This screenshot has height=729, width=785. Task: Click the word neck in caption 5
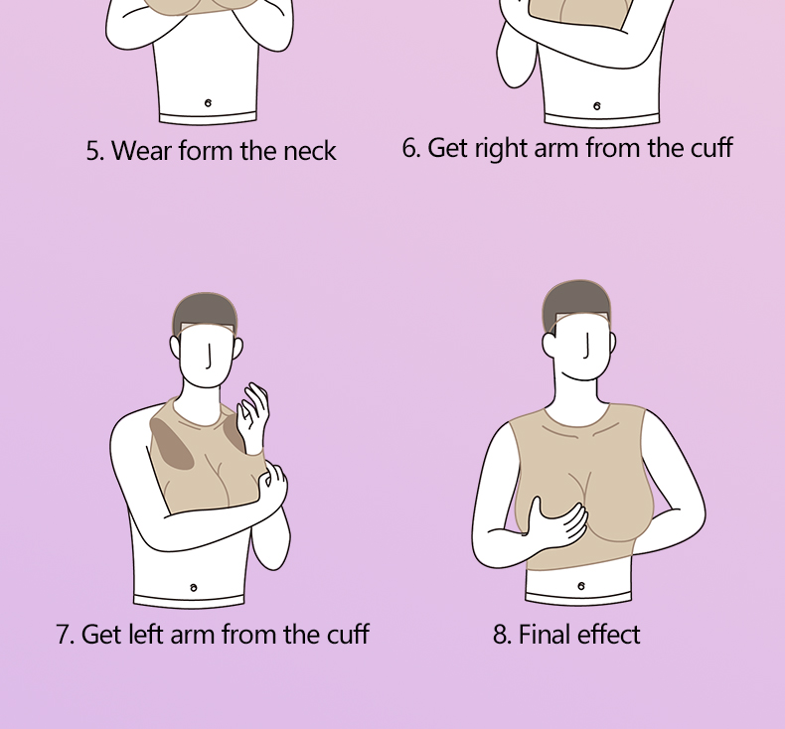[x=310, y=151]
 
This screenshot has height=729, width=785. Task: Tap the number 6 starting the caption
[x=411, y=148]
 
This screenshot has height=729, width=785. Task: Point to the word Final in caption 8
[x=545, y=634]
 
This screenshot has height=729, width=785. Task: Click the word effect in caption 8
[x=609, y=634]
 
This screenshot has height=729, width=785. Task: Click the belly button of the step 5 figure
[x=208, y=103]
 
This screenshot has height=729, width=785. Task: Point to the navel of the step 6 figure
[x=597, y=106]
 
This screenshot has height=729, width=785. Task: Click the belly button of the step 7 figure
[x=194, y=587]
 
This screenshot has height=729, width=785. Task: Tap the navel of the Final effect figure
[x=580, y=586]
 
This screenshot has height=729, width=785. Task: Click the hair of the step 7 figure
[x=205, y=312]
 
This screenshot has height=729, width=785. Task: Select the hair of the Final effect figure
[x=577, y=300]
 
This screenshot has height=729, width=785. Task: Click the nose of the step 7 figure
[x=210, y=357]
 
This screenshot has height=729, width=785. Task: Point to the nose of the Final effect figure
[x=586, y=347]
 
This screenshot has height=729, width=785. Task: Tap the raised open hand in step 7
[x=253, y=416]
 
